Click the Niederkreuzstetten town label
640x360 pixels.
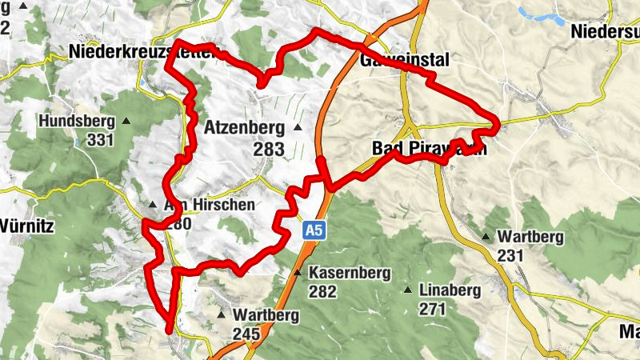144,53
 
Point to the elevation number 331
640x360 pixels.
102,140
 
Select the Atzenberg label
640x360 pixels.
244,127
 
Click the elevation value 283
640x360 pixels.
268,149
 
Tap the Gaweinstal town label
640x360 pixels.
405,61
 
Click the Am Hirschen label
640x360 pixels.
209,205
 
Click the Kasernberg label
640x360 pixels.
350,273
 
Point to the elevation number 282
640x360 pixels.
322,291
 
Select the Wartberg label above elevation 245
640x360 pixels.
266,315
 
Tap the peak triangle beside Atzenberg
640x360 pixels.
298,127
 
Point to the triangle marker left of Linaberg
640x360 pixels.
408,290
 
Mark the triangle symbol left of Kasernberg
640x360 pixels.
298,273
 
